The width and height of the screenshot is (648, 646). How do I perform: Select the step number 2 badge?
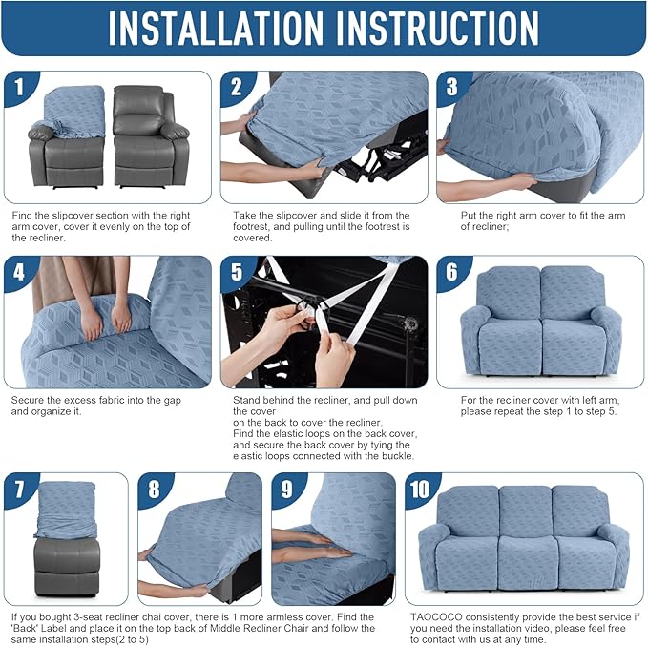(x=237, y=89)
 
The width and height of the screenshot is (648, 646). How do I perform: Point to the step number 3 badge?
(x=452, y=89)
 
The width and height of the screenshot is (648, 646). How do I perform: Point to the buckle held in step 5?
(x=303, y=306)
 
